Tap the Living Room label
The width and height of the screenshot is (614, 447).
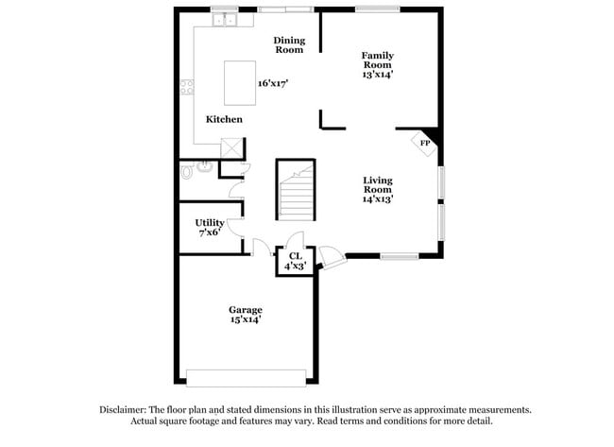[377, 184]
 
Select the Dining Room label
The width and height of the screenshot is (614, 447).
[288, 43]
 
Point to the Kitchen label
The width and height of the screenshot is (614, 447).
[225, 119]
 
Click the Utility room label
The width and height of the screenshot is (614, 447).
[209, 223]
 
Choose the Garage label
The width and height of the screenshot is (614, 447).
[246, 310]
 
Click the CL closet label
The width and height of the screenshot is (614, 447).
[295, 255]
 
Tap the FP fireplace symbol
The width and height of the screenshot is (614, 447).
[424, 143]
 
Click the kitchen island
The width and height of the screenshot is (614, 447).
[237, 82]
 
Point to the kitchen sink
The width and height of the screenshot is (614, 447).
[225, 19]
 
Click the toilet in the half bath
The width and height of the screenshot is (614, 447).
[190, 172]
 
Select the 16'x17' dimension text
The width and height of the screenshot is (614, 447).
[273, 82]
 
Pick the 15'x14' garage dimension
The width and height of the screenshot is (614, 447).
[246, 320]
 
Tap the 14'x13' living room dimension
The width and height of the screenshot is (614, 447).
[377, 198]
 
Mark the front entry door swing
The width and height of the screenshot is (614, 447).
[331, 256]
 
